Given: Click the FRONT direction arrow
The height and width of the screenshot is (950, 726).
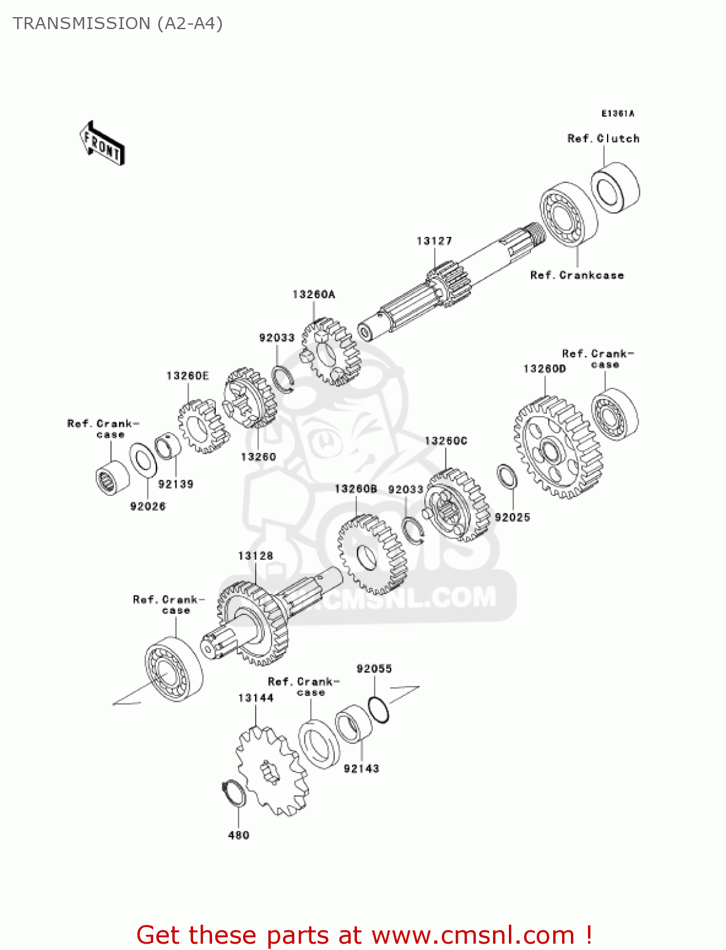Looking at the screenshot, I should tap(102, 144).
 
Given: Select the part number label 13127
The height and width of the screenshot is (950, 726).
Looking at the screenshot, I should tap(434, 241).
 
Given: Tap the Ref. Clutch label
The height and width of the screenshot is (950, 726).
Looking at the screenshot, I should tap(603, 138).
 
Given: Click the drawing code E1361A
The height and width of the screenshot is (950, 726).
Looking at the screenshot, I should tap(617, 113).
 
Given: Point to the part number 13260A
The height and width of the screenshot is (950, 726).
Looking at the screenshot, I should tap(314, 294).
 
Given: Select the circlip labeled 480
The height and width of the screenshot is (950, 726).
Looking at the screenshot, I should tap(234, 794).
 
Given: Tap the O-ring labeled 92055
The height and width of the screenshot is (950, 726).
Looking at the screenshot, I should tap(379, 709).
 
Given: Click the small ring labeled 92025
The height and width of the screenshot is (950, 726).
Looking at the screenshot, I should tap(507, 477).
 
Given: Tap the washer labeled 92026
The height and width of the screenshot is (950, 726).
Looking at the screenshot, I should tap(144, 460).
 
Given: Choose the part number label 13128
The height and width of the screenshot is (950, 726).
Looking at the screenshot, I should tap(256, 555).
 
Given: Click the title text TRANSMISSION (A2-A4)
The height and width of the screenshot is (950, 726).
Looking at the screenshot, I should tap(118, 23).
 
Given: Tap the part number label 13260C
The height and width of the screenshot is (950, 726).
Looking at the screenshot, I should tap(446, 441).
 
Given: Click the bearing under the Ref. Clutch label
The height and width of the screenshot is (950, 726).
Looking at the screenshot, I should tap(615, 187).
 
